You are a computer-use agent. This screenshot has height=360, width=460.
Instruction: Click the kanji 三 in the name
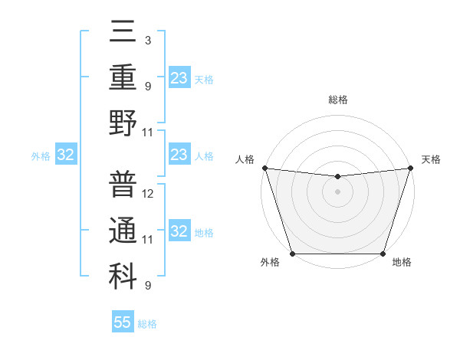click(123, 33)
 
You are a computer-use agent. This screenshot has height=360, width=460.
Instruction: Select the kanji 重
click(123, 77)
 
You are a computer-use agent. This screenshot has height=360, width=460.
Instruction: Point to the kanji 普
click(123, 184)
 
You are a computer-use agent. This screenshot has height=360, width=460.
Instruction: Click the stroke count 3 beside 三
click(147, 40)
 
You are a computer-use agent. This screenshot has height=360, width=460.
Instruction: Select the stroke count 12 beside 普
click(149, 193)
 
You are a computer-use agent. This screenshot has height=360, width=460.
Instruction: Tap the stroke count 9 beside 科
click(147, 286)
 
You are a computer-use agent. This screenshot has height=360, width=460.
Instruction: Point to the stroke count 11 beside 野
click(149, 133)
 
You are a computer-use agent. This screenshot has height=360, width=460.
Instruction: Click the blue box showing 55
click(123, 322)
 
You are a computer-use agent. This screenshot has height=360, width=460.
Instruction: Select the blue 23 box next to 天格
click(179, 78)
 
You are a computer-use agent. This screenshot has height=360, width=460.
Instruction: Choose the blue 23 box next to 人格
click(179, 155)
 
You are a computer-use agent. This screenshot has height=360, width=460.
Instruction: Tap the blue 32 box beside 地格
click(179, 231)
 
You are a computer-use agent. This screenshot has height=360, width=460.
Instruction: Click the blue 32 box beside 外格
click(66, 155)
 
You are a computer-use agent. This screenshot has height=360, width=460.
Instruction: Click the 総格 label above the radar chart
click(337, 100)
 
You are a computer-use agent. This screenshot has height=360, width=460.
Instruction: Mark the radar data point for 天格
click(410, 168)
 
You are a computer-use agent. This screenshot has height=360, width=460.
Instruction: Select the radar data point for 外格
click(292, 254)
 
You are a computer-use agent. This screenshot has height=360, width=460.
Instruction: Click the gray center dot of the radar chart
click(337, 191)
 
